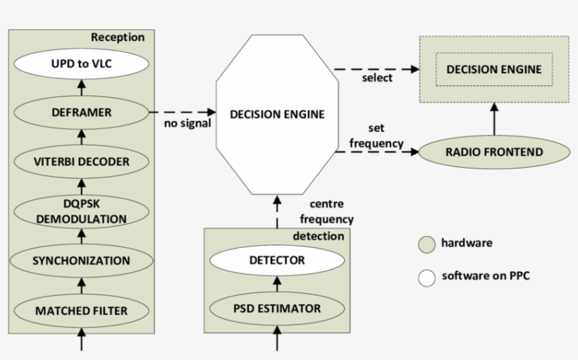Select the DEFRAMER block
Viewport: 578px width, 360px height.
click(81, 111)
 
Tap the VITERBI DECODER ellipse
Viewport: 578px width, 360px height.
click(81, 161)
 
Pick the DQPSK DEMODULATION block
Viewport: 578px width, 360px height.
click(81, 211)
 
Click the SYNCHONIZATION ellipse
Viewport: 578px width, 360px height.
click(81, 260)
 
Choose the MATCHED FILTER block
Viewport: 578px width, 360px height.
click(81, 309)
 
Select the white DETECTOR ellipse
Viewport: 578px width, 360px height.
click(276, 260)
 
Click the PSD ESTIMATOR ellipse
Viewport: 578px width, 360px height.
click(276, 309)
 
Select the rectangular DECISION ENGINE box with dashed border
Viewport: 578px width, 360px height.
click(493, 69)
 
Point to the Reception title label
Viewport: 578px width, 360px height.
click(117, 37)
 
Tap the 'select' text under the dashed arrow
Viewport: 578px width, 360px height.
click(377, 78)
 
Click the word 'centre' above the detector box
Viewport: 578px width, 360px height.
click(326, 204)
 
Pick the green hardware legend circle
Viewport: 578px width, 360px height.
click(426, 244)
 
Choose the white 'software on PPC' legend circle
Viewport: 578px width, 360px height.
click(426, 276)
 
